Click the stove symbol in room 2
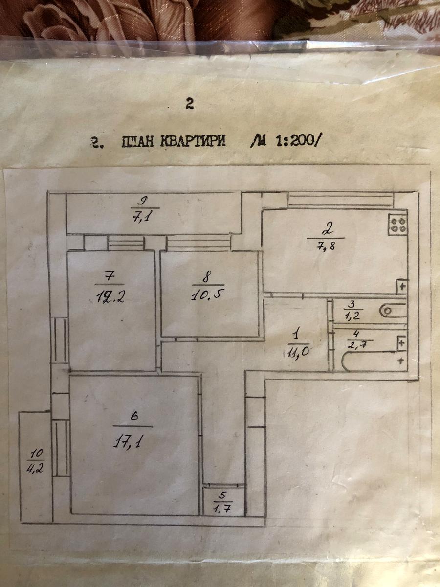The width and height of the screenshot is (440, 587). (397, 225)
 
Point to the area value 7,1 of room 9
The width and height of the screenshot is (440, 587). (140, 217)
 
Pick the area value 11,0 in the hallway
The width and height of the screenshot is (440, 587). (294, 352)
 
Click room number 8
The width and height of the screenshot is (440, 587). (206, 276)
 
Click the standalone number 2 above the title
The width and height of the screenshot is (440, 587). (190, 103)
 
